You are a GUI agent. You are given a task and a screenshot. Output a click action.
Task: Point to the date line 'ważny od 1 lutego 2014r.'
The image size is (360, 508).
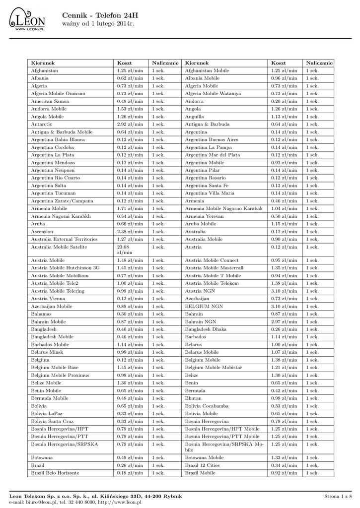(98, 24)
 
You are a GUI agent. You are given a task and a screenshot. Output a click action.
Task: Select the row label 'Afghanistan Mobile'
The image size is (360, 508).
(207, 71)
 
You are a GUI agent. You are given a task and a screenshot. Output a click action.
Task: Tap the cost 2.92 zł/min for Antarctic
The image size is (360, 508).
(130, 125)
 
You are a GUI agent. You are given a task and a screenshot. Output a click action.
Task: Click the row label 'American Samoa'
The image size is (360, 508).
(50, 101)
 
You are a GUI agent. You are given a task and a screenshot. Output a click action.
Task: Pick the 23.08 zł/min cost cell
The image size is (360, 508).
(123, 250)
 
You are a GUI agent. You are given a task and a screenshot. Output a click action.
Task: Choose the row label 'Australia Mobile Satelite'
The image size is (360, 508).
(59, 247)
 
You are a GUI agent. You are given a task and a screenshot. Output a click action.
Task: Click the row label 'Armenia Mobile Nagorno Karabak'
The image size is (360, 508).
(223, 209)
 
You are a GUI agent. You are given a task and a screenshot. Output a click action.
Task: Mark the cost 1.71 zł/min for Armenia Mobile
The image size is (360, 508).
(130, 209)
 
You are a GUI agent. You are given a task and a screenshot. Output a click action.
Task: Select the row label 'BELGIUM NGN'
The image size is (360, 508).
(204, 307)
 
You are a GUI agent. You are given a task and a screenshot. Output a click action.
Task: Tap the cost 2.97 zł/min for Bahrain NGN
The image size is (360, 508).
(284, 322)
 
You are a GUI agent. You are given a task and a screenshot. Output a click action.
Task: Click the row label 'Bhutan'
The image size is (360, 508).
(193, 398)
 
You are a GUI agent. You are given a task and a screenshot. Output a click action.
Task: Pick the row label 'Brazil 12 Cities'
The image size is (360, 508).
(203, 465)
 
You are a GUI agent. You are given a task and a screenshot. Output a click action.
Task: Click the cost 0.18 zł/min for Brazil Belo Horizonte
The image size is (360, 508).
(130, 473)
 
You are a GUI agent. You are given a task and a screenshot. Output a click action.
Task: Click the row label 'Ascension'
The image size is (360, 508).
(42, 232)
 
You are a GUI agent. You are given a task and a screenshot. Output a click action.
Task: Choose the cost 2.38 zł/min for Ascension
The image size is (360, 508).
(130, 232)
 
